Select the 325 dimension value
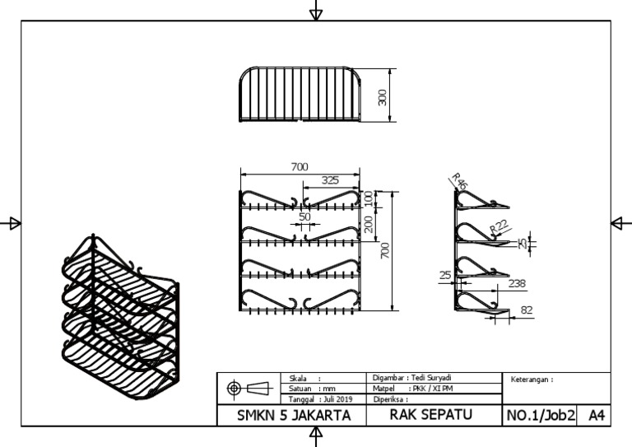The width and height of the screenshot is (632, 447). click(x=329, y=180)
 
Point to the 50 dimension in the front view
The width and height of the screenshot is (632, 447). click(x=305, y=217)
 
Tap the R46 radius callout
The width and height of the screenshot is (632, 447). click(x=458, y=182)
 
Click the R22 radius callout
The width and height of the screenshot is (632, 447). click(x=499, y=226)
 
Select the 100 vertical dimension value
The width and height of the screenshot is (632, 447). click(x=369, y=198)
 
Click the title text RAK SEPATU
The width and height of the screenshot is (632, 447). click(x=431, y=415)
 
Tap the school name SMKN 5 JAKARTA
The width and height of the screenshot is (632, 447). click(x=294, y=416)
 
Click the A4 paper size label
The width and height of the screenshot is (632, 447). click(x=596, y=416)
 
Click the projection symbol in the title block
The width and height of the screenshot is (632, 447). click(x=248, y=388)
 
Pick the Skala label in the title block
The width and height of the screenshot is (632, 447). click(x=299, y=377)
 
